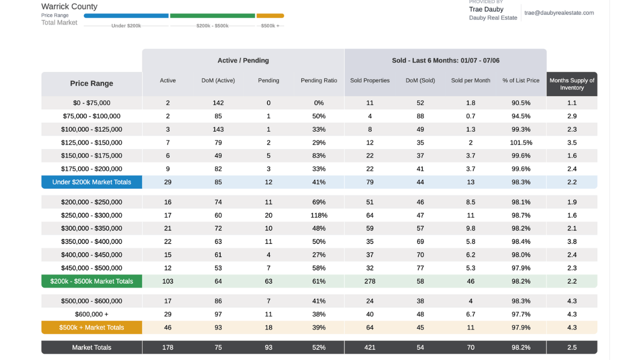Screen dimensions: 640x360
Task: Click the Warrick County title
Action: [x=69, y=6]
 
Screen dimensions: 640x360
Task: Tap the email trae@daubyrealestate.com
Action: [x=559, y=13]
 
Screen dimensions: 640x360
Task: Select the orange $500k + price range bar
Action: [x=270, y=15]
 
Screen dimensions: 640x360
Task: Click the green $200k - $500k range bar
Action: [x=212, y=15]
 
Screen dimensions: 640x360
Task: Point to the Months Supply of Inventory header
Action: [x=572, y=84]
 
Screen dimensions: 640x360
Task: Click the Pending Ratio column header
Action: [x=319, y=81]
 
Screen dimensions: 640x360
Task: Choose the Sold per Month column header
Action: [x=470, y=81]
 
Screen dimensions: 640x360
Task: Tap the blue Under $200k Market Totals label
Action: [x=92, y=182]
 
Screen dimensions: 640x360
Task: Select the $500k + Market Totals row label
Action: [x=92, y=327]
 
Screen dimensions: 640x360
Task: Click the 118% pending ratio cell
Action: [x=319, y=215]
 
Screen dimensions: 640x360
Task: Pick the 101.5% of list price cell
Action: [x=521, y=142]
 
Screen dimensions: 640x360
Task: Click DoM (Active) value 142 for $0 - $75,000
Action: [x=218, y=103]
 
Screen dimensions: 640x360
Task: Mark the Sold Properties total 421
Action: [x=370, y=347]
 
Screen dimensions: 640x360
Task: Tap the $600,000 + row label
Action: [x=92, y=314]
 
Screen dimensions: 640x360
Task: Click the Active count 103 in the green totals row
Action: [x=167, y=282]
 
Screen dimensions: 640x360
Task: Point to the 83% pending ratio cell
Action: [x=319, y=156]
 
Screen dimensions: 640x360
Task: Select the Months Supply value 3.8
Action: [x=572, y=242]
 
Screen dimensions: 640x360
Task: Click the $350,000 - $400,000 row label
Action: [x=92, y=242]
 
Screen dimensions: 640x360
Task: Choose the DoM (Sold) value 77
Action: [x=420, y=268]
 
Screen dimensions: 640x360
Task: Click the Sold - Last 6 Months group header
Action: [x=445, y=61]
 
